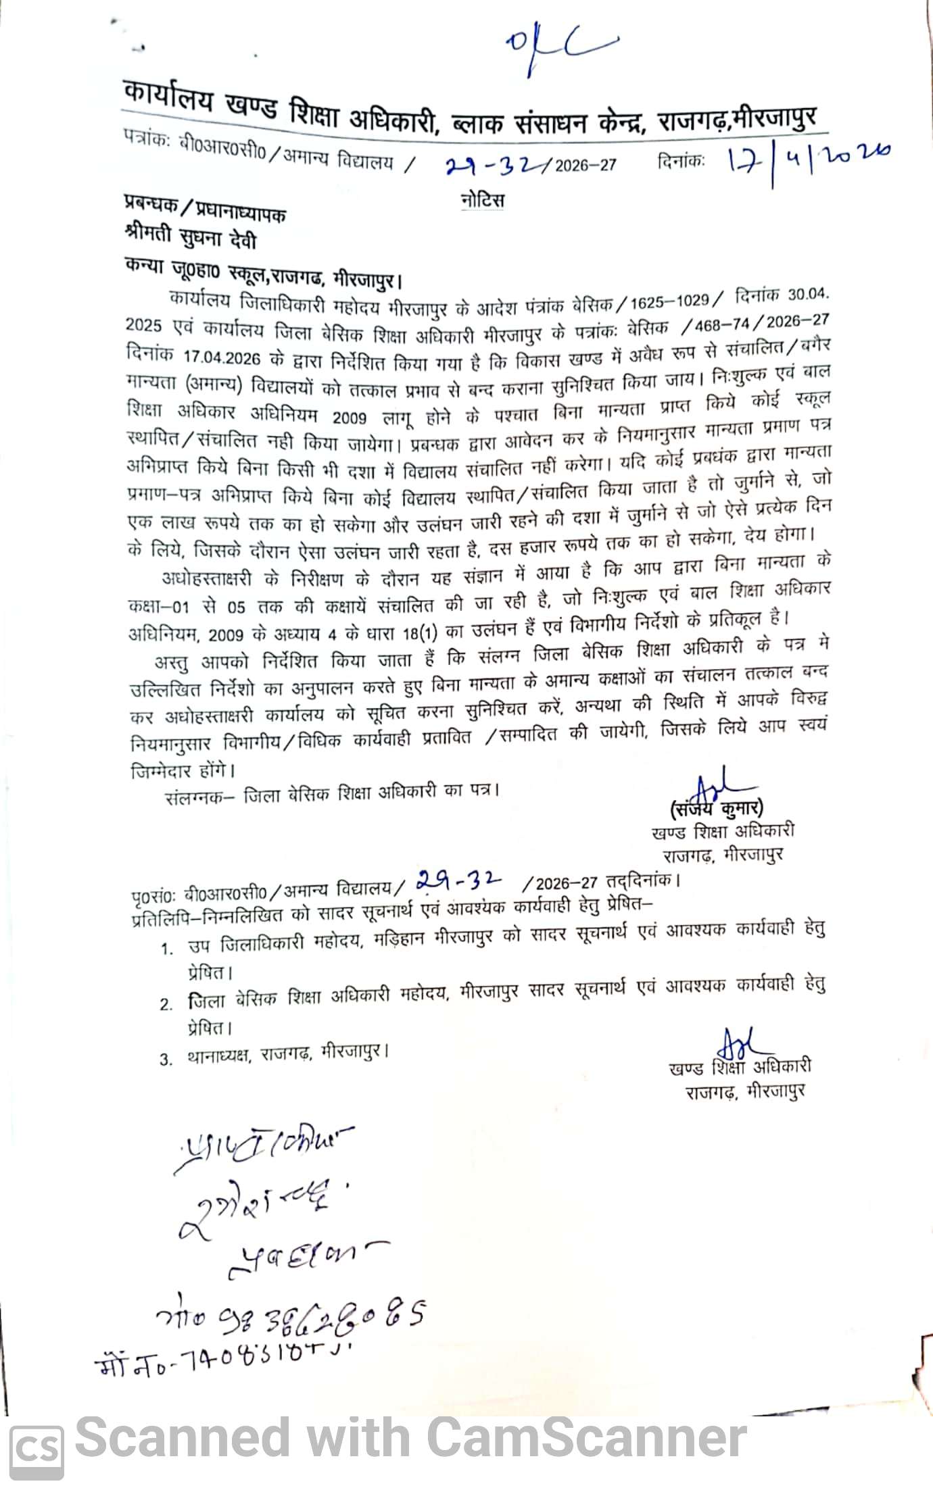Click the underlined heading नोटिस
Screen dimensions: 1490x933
tap(481, 201)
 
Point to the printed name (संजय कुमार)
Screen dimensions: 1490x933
tap(717, 808)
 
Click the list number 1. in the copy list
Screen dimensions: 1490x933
tap(168, 949)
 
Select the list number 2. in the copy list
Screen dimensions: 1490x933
tap(167, 1005)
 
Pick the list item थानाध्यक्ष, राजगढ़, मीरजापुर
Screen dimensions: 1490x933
tap(287, 1055)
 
